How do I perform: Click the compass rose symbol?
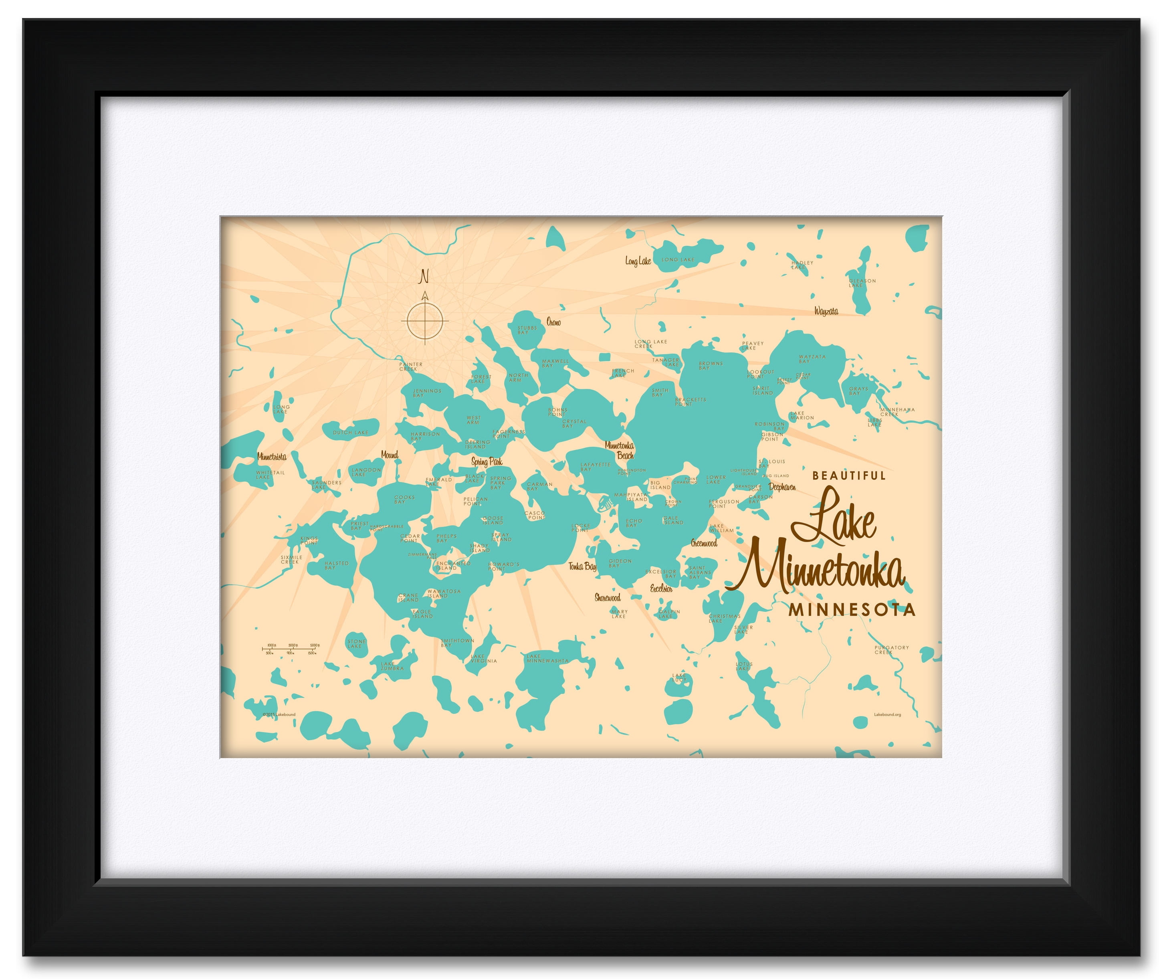tap(424, 320)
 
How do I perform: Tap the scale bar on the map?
tap(290, 649)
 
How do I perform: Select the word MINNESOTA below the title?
tap(852, 609)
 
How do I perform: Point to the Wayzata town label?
tap(826, 311)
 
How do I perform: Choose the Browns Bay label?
tap(710, 365)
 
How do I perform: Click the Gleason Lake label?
tap(862, 283)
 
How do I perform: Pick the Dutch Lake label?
tap(350, 432)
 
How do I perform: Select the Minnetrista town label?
tap(272, 456)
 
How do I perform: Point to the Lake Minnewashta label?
tap(547, 658)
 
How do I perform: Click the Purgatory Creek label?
tap(892, 649)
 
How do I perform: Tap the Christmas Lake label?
tap(724, 618)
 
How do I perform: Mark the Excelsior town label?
tap(661, 588)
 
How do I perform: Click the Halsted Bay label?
tap(336, 565)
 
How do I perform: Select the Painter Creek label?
tap(410, 366)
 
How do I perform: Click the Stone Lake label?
tap(356, 643)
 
